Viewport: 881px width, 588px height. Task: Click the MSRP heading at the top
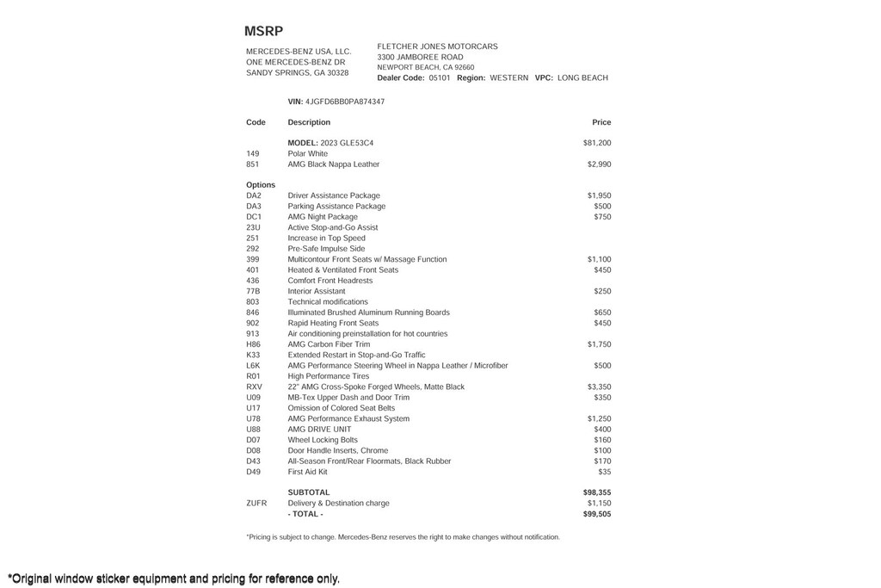point(263,31)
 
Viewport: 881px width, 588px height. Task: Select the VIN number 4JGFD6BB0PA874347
point(345,102)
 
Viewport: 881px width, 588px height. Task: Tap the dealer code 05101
point(440,78)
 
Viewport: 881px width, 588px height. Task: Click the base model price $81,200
point(597,143)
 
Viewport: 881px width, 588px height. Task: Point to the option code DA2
point(253,196)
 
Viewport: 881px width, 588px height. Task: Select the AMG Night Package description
point(323,217)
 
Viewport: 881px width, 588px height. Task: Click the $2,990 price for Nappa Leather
point(599,164)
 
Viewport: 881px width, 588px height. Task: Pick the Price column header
point(601,122)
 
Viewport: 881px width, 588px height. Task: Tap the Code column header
point(256,122)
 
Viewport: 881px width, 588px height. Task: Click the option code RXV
point(254,387)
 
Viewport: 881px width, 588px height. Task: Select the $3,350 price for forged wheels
point(599,387)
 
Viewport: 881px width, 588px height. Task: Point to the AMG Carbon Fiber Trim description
point(329,344)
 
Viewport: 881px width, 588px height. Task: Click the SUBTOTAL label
point(308,493)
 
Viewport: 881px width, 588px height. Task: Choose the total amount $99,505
point(597,514)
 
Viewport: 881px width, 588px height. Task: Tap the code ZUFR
point(256,504)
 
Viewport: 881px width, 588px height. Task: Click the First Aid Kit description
point(307,472)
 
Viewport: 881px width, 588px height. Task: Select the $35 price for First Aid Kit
point(604,472)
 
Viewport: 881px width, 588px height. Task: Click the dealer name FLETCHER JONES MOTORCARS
point(437,46)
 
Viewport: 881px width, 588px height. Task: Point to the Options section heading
point(261,185)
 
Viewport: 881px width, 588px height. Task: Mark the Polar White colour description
point(307,154)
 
